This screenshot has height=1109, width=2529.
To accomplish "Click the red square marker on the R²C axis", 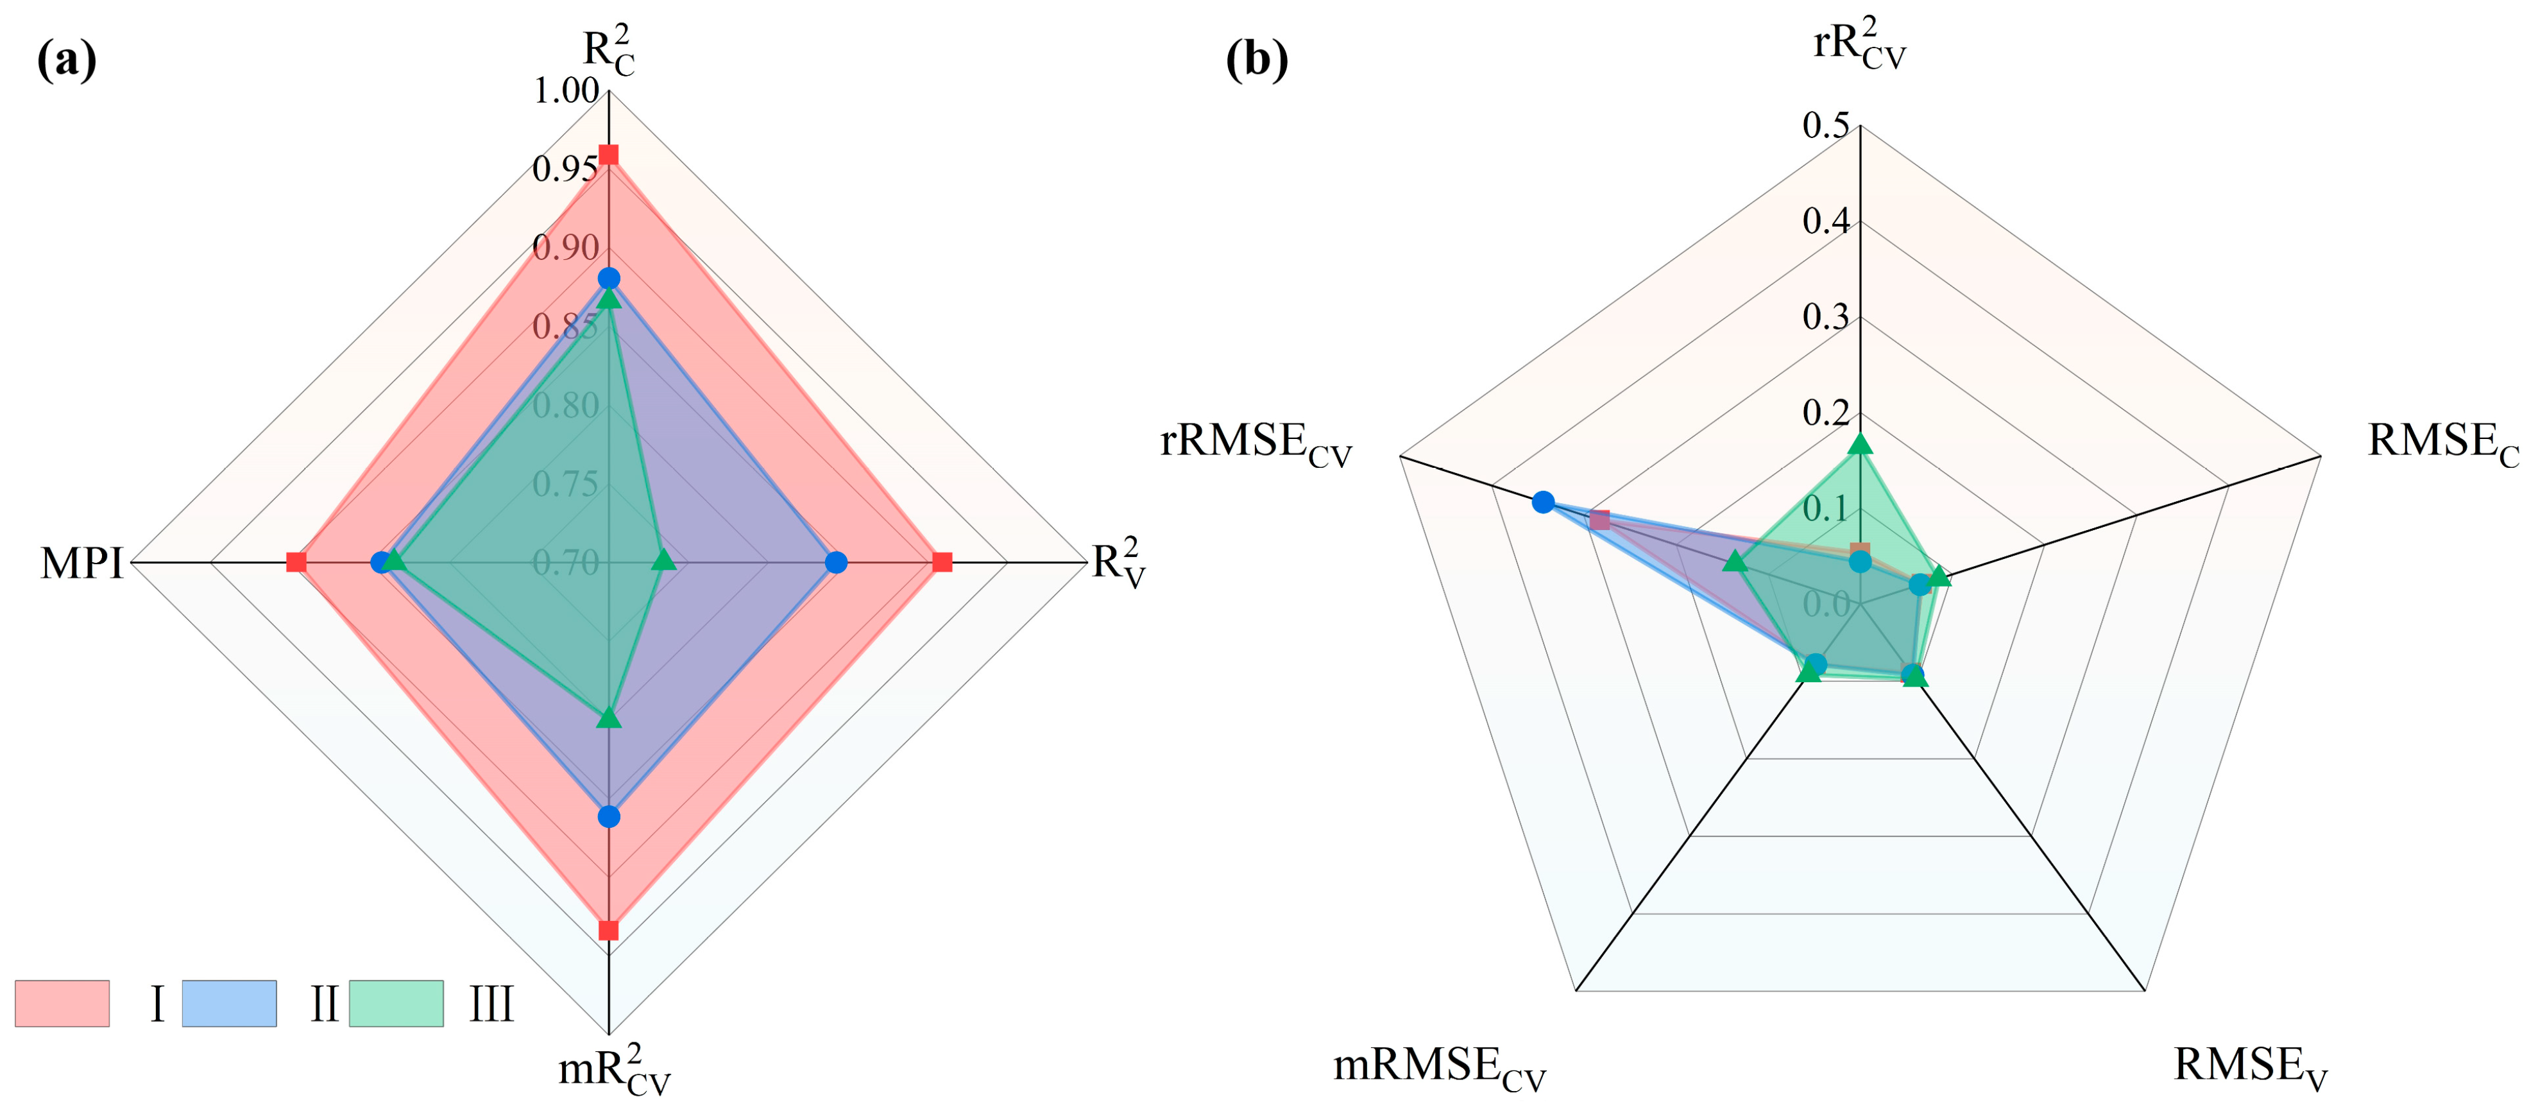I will (609, 155).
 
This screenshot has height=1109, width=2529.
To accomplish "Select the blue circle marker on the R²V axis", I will (835, 563).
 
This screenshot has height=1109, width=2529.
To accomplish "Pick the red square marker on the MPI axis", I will (296, 563).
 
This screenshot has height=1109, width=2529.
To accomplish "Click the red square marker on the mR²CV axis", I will (609, 930).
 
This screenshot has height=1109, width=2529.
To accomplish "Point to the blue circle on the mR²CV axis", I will (609, 816).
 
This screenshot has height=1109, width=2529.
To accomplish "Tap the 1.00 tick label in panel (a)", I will (566, 90).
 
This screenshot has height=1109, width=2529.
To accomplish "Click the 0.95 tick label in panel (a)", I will (565, 169).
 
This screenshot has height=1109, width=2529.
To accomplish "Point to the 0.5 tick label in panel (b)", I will (1825, 126).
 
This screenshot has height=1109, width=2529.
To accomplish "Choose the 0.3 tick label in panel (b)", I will (1825, 317).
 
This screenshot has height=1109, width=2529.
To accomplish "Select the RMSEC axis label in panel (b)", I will (2442, 442).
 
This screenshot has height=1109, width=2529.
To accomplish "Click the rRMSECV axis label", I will (1256, 442).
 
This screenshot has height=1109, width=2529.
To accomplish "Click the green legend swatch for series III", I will (396, 1003).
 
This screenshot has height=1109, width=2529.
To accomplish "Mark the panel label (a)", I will (67, 61).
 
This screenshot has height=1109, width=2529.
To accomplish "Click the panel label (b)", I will (1257, 61).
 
